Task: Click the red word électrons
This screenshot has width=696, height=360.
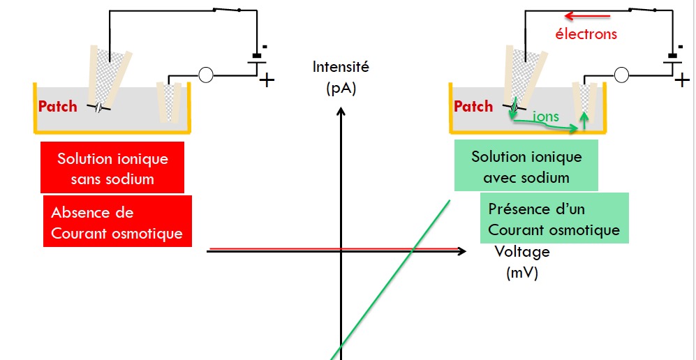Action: [586, 33]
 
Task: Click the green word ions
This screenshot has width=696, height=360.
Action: [546, 117]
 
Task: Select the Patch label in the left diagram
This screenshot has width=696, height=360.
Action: [58, 107]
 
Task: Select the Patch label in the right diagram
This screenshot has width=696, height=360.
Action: [473, 107]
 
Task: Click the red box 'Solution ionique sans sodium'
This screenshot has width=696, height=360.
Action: [112, 168]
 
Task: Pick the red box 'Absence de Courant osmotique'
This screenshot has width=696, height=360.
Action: [117, 222]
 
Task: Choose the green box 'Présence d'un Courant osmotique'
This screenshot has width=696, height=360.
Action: [554, 218]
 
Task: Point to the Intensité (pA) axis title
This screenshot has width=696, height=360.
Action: [341, 77]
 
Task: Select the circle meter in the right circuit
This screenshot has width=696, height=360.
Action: [621, 74]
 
